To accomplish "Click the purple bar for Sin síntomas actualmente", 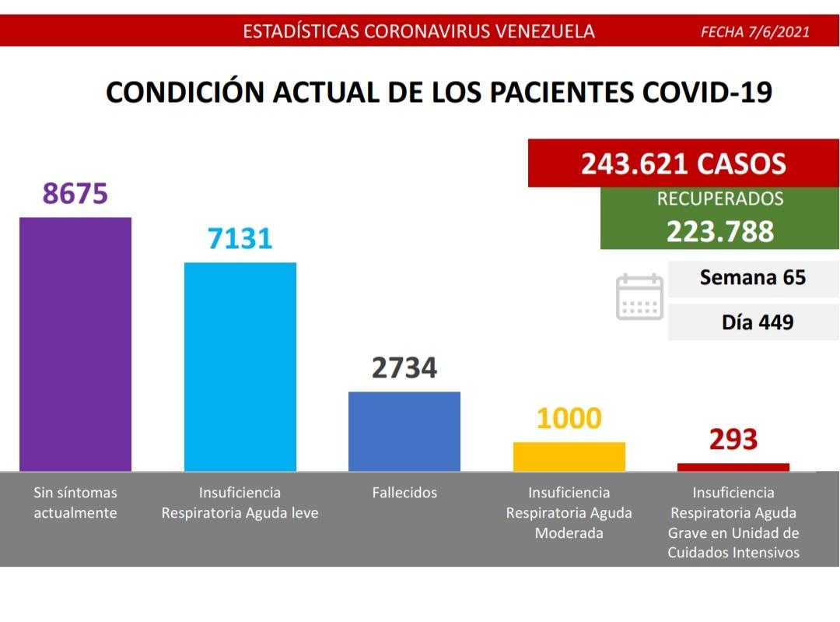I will click(x=75, y=344).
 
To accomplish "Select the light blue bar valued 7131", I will click(x=240, y=367).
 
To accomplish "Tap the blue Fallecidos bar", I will click(x=404, y=431).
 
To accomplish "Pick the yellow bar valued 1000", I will click(x=569, y=457).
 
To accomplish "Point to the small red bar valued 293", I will click(x=733, y=467).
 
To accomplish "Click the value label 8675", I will click(x=75, y=194).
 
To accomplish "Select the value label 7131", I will click(x=240, y=238).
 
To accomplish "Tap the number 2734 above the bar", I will click(x=404, y=367).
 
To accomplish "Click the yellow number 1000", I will click(x=569, y=419).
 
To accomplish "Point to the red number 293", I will click(x=733, y=440).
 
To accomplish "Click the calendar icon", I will click(x=639, y=297).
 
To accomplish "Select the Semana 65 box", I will click(x=753, y=278).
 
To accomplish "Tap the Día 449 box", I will click(x=753, y=322).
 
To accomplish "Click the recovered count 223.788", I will click(x=719, y=231).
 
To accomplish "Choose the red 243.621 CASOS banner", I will click(x=683, y=163).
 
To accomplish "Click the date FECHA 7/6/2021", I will click(x=755, y=32).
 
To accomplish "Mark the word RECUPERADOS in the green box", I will click(x=719, y=199).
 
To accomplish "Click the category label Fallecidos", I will click(x=404, y=493).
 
